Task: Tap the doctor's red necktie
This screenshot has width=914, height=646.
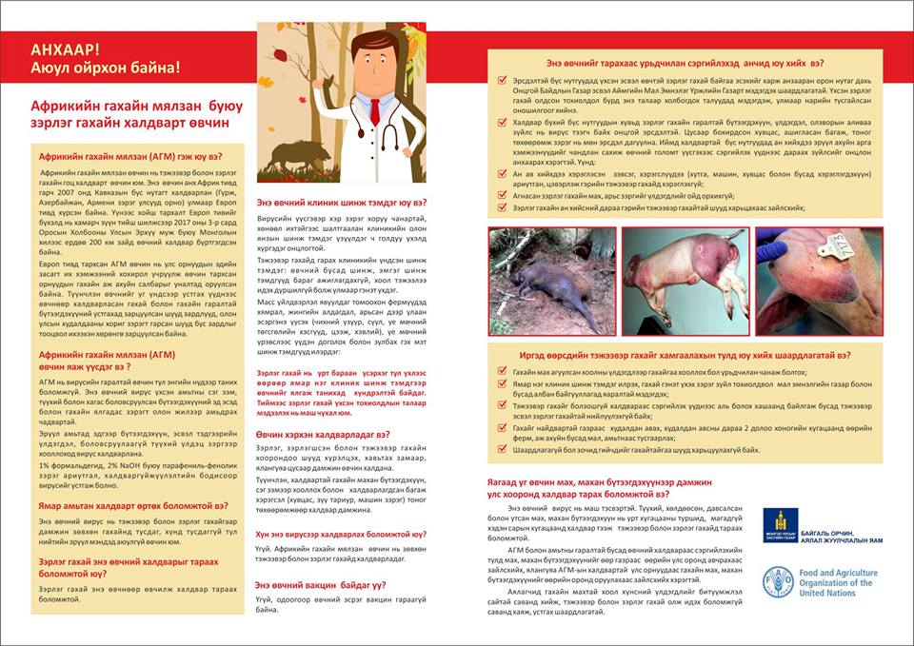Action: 375,109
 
